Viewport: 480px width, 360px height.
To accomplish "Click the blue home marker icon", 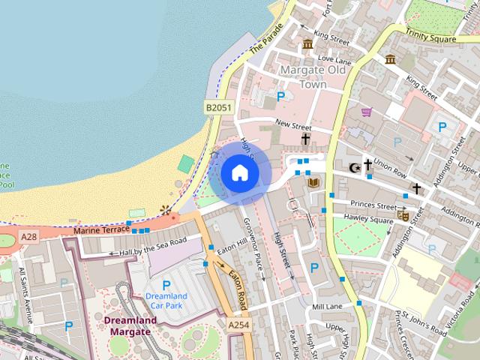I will (x=239, y=173).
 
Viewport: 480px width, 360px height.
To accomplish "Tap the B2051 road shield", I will (x=218, y=109).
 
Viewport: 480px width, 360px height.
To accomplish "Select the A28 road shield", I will (x=28, y=237).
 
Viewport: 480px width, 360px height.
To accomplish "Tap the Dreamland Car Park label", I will (x=166, y=301).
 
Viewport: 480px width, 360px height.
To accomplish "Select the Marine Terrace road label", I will (x=102, y=232).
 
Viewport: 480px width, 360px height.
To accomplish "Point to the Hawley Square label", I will (x=368, y=220).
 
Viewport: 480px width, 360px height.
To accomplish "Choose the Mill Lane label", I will (x=327, y=307).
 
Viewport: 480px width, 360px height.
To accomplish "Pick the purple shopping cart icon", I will (x=367, y=112).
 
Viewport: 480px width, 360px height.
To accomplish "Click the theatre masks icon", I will (x=403, y=215).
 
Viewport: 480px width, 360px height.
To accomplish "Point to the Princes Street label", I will (x=375, y=205).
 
